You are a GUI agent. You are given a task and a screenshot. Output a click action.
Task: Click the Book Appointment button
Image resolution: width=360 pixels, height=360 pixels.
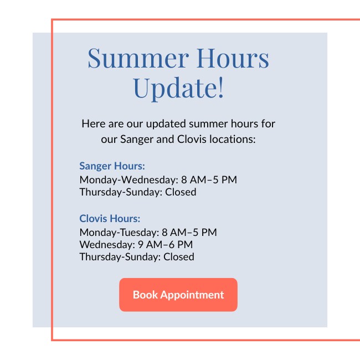[178, 295]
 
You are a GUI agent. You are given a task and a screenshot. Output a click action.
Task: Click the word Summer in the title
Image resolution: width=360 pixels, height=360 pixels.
[138, 58]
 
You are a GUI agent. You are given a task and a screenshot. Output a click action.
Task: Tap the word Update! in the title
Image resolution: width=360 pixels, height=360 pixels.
[178, 88]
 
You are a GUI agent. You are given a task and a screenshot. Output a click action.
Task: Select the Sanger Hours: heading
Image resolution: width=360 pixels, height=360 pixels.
[112, 166]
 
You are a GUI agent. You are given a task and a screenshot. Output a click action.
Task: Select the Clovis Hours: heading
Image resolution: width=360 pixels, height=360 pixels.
[110, 219]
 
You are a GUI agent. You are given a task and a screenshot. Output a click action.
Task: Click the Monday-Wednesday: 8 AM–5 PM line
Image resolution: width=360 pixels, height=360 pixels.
[158, 179]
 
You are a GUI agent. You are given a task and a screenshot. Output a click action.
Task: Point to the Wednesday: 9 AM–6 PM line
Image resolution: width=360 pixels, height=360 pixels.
[136, 244]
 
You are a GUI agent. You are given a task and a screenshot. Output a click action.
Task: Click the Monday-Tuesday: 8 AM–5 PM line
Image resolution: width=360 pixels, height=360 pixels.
[148, 233]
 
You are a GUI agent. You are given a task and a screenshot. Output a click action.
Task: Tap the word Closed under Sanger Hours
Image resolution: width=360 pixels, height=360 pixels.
[181, 192]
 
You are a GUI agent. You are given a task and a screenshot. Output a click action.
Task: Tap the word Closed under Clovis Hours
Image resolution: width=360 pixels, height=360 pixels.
[179, 256]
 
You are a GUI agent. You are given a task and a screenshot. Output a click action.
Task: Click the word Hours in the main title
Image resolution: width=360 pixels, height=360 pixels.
[233, 58]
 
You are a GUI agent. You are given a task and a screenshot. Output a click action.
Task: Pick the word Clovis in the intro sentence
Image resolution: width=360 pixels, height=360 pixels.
[192, 139]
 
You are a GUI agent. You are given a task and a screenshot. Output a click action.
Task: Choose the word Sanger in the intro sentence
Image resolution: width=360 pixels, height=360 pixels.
[137, 140]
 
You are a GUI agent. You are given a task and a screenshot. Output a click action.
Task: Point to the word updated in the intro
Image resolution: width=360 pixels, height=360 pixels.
[166, 124]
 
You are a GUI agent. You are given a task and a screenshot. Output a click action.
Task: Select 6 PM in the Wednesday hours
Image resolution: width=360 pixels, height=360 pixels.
[181, 244]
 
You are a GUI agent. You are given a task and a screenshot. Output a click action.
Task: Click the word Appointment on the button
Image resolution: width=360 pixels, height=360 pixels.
[192, 295]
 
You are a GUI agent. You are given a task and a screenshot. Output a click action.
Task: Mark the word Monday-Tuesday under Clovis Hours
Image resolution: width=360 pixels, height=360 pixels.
[119, 233]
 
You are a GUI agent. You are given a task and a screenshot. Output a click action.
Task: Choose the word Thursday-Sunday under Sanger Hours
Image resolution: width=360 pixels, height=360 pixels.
[121, 192]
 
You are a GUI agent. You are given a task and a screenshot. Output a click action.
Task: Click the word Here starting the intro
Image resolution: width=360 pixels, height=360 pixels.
[94, 124]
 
